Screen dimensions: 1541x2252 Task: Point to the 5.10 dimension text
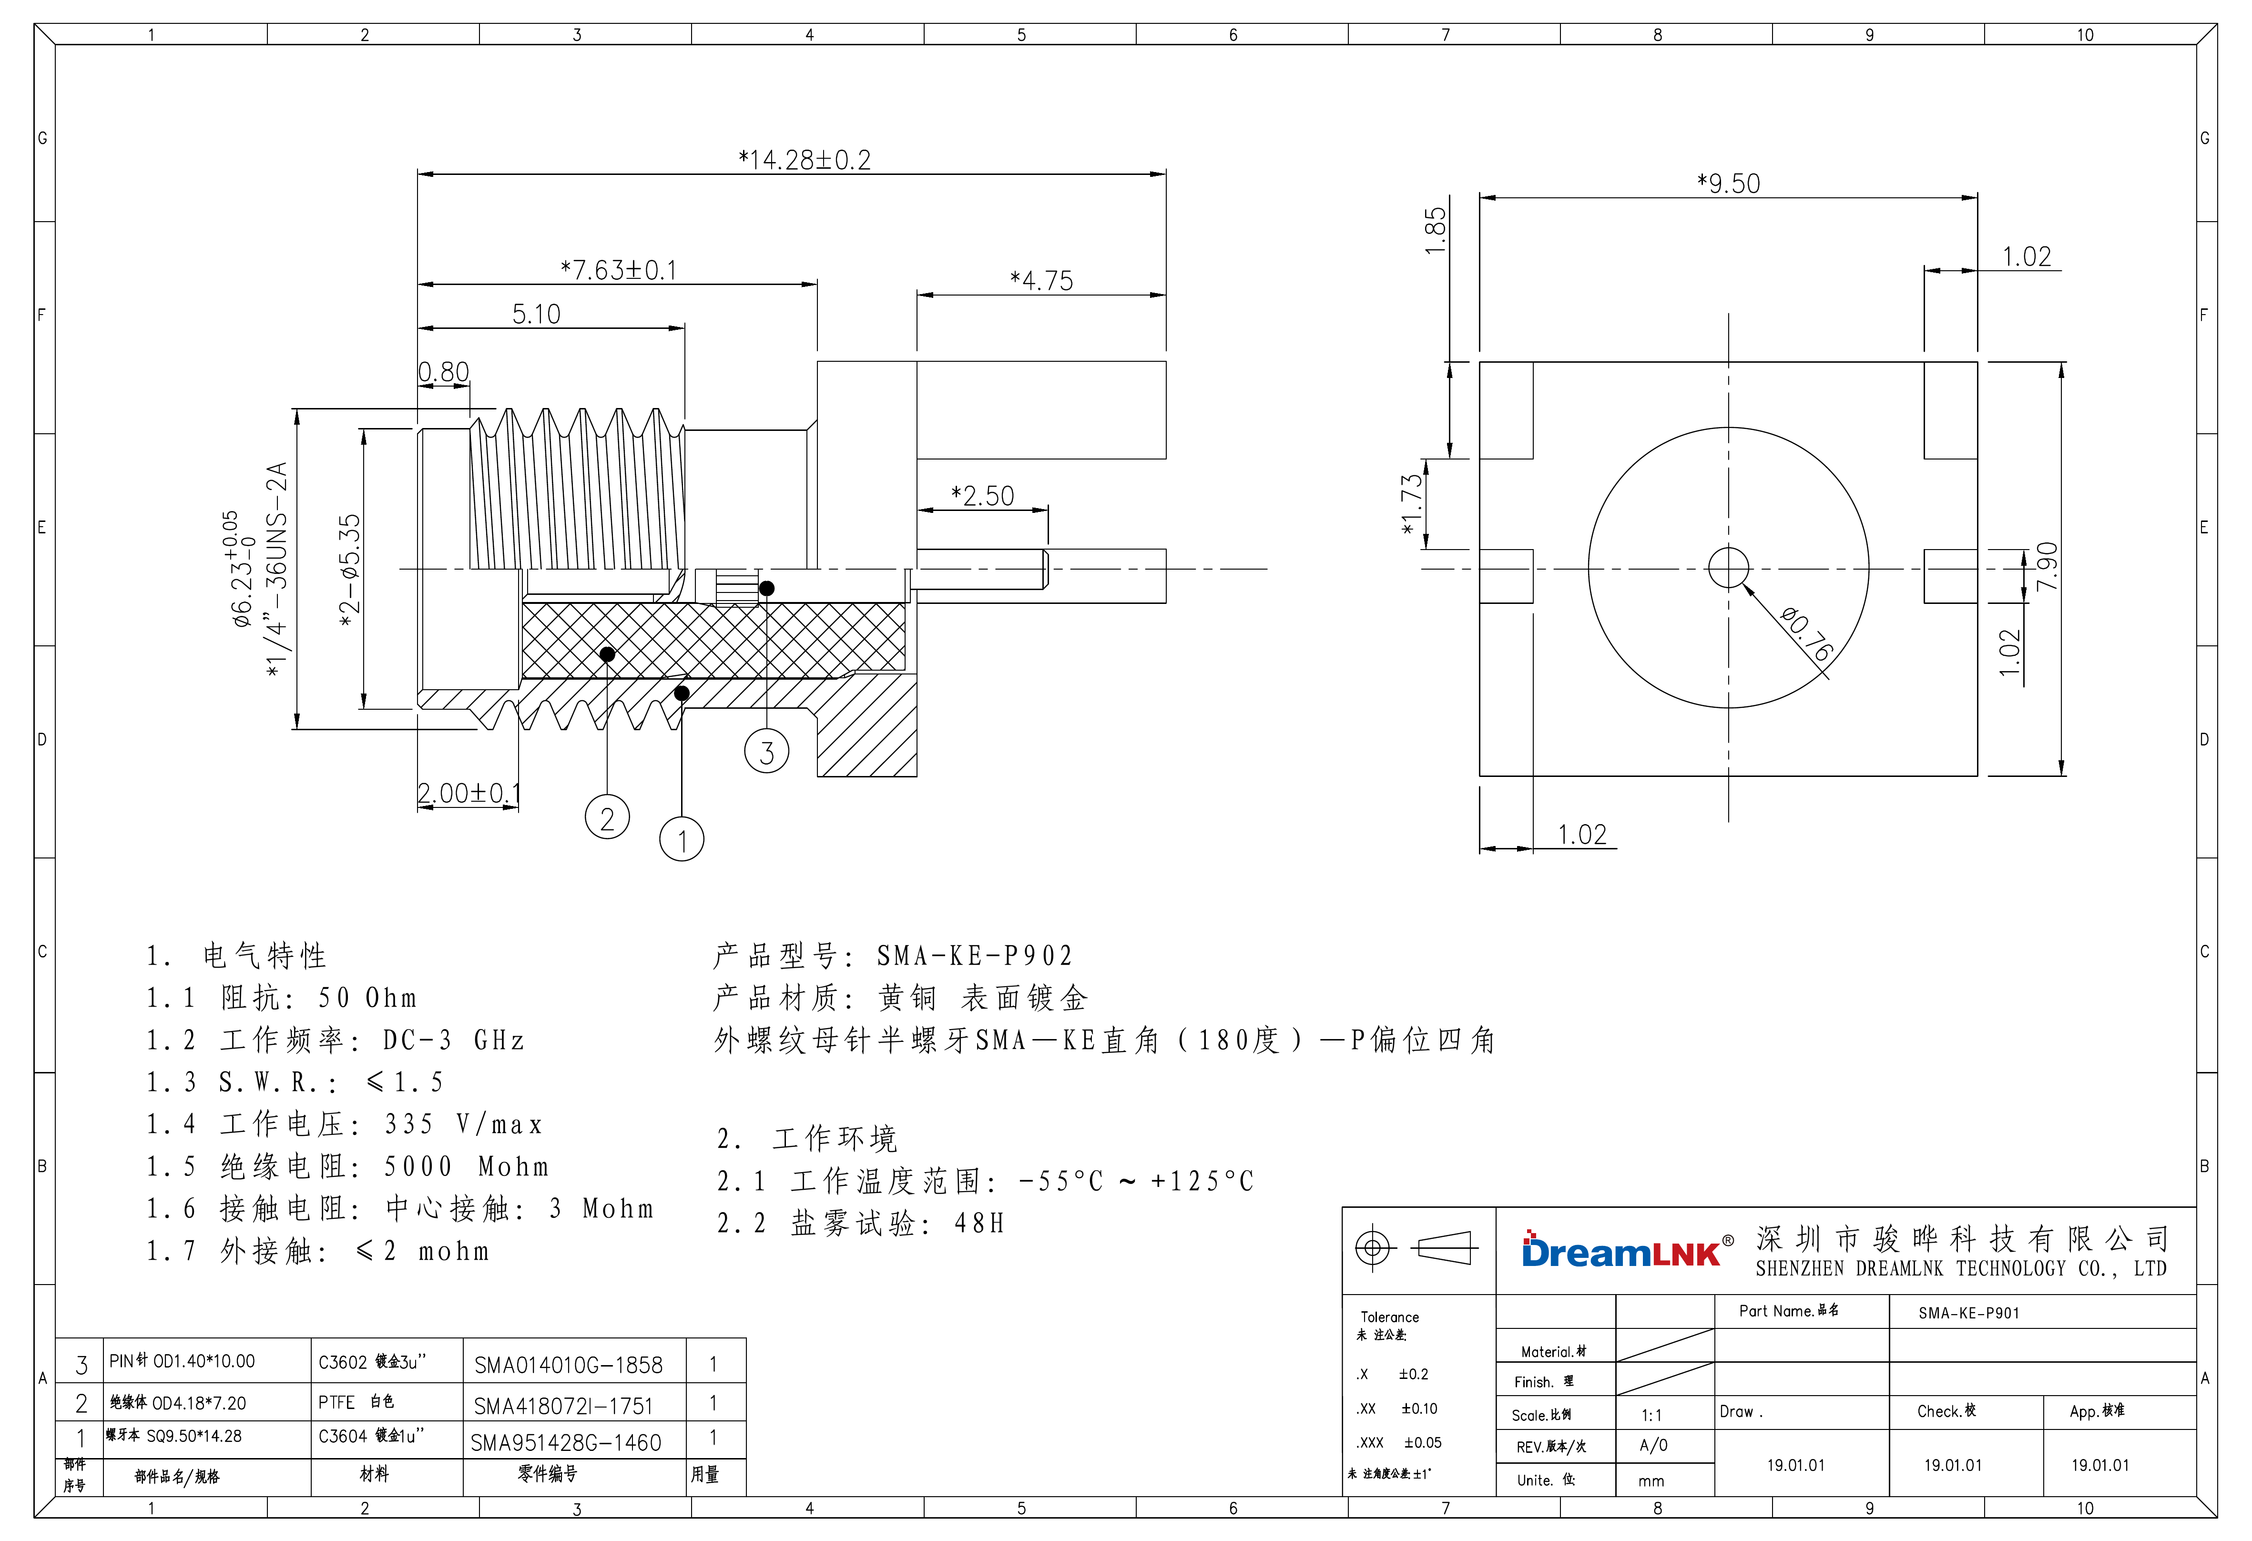[536, 314]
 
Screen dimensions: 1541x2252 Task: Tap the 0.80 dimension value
[444, 372]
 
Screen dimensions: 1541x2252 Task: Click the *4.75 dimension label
[1042, 281]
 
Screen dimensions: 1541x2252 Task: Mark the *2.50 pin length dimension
[983, 496]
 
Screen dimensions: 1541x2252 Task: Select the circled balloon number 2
[608, 819]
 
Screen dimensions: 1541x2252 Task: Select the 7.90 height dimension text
[2047, 567]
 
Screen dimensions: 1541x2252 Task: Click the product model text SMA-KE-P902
[975, 957]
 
